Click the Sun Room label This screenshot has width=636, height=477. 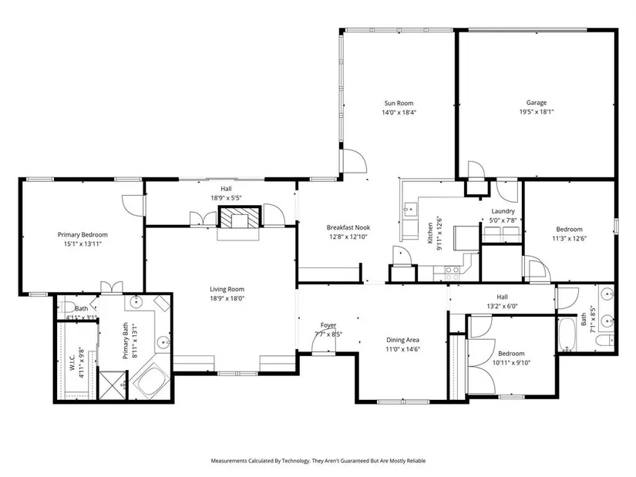pos(399,103)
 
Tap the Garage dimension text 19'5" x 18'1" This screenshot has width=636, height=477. pos(537,112)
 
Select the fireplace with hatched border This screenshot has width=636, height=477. pos(239,217)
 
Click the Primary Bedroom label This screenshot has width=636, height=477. pos(82,234)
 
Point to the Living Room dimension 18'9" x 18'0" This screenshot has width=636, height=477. pos(227,298)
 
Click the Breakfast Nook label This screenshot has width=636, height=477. pos(348,227)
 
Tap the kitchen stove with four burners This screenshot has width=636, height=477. pos(453,273)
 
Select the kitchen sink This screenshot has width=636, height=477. pos(409,210)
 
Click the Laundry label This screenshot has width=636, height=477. pos(503,211)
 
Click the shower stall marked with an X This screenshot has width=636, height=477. pos(113,385)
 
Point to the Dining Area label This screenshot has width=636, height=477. pos(402,340)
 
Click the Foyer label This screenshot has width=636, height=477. pos(328,325)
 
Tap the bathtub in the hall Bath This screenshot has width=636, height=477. pos(567,334)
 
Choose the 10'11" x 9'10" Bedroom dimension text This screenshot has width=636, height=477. pos(511,363)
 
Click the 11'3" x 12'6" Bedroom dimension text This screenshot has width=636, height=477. pos(570,239)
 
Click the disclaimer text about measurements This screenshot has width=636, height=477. pos(318,461)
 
